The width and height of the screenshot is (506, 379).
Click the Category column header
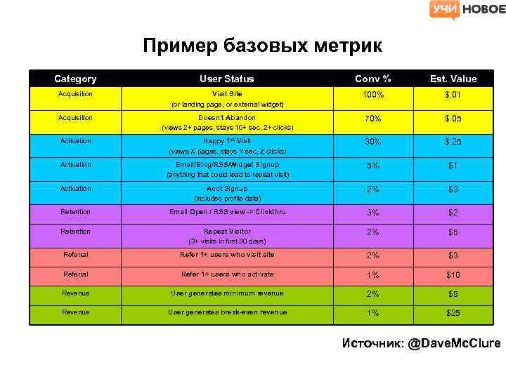pyautogui.click(x=75, y=79)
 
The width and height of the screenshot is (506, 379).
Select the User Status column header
pyautogui.click(x=227, y=79)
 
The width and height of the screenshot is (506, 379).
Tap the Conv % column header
pyautogui.click(x=372, y=79)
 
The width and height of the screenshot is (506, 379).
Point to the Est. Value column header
pyautogui.click(x=453, y=79)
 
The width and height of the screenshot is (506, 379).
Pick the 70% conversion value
pyautogui.click(x=372, y=119)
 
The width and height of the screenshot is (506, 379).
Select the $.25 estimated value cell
pyautogui.click(x=453, y=142)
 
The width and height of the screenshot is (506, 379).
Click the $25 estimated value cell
pyautogui.click(x=453, y=313)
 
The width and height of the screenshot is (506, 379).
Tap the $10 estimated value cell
pyautogui.click(x=453, y=275)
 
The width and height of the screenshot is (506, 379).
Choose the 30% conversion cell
pyautogui.click(x=372, y=142)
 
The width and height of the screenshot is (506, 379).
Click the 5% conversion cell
pyautogui.click(x=372, y=166)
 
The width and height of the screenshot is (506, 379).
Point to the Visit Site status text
pyautogui.click(x=227, y=94)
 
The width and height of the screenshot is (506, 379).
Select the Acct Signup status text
pyautogui.click(x=227, y=189)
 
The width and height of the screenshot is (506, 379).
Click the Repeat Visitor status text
pyautogui.click(x=227, y=231)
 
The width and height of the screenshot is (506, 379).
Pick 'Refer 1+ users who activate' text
pyautogui.click(x=227, y=274)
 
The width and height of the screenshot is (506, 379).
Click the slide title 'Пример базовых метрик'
pyautogui.click(x=262, y=46)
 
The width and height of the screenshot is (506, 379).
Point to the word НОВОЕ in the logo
pyautogui.click(x=484, y=9)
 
